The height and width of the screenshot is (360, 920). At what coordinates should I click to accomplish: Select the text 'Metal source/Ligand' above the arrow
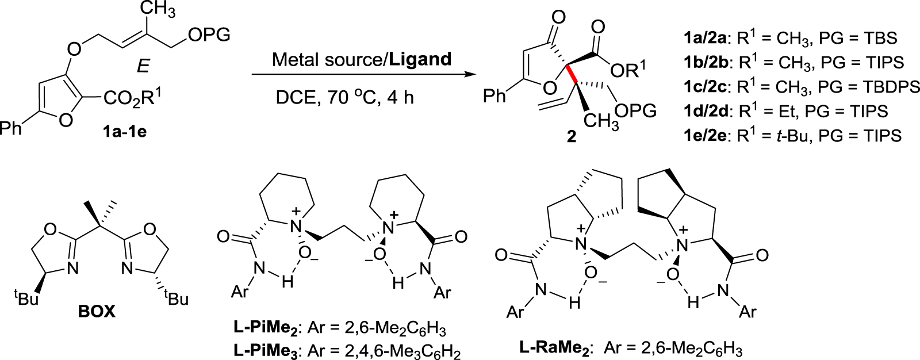362,59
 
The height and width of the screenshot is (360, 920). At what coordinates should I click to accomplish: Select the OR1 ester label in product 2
630,69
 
